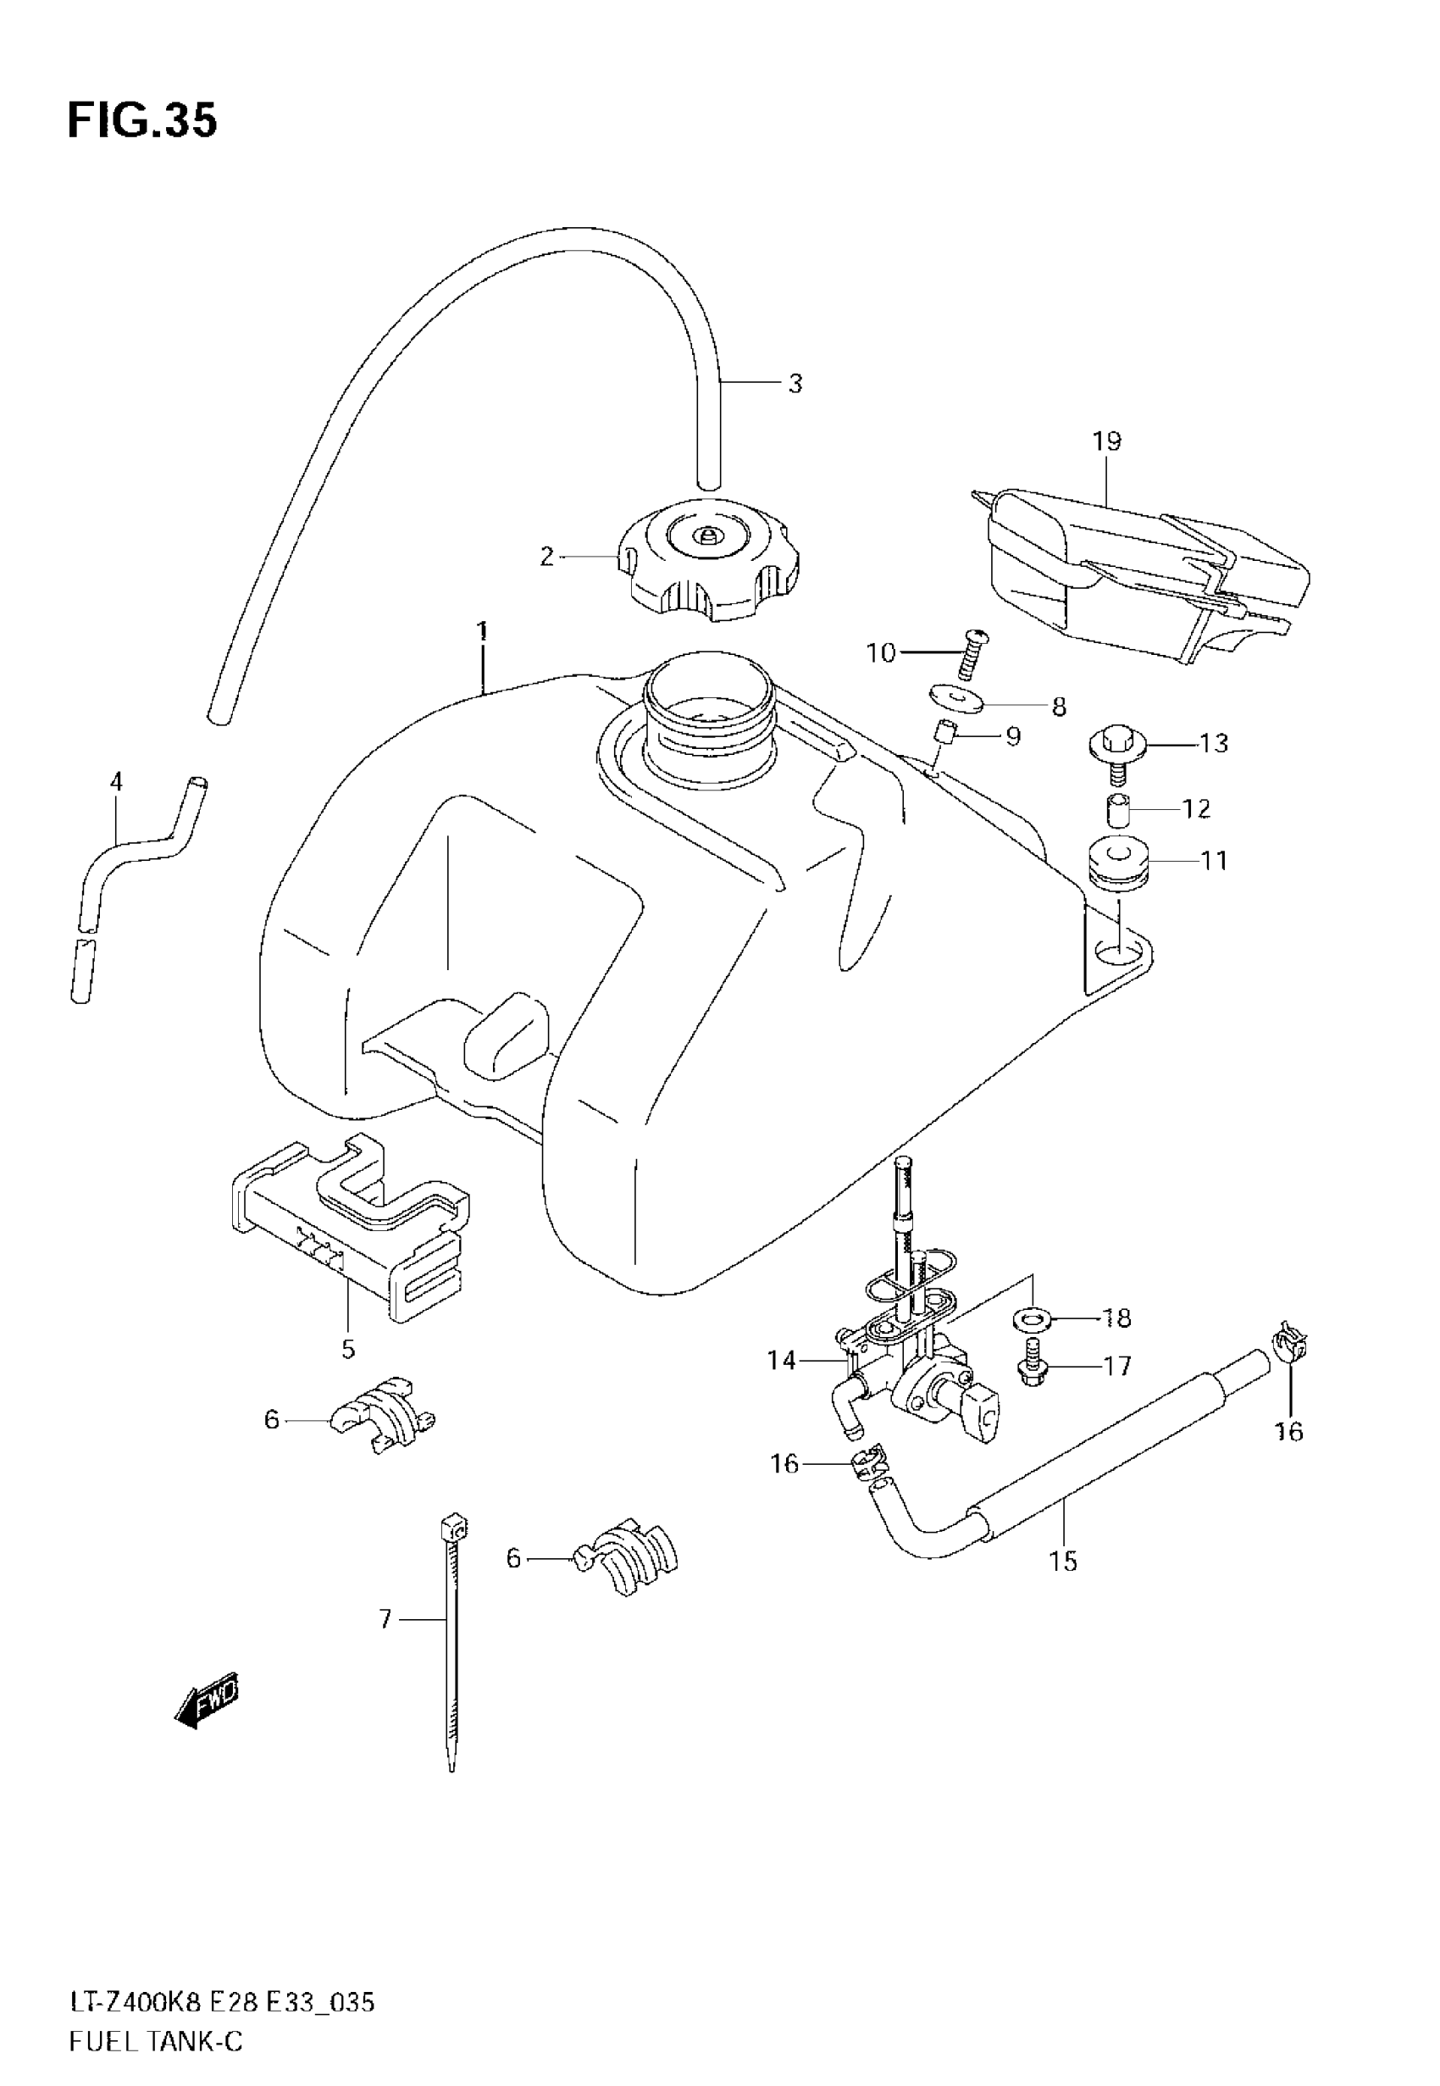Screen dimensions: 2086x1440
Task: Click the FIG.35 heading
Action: [141, 121]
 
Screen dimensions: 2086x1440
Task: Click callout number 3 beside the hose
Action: [794, 384]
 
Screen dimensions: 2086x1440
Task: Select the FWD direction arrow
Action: [207, 1701]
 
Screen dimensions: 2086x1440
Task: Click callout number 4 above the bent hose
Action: [115, 781]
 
